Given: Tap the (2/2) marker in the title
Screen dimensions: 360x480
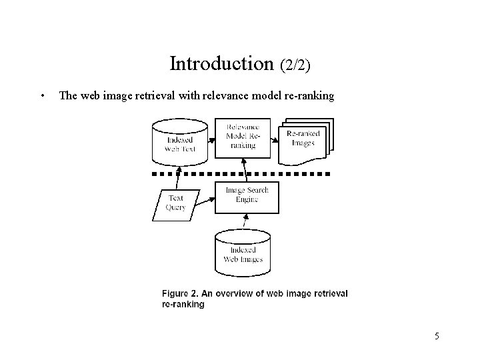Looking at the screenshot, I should click(295, 65).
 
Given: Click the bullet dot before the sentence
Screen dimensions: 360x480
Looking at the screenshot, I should click(42, 95).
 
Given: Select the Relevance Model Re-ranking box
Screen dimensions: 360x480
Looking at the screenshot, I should click(243, 137).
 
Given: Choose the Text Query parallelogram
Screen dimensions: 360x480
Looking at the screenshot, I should click(175, 203).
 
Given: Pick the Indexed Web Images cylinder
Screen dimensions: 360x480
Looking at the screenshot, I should click(243, 249).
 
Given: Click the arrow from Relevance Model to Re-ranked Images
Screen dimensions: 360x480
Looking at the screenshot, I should click(274, 139).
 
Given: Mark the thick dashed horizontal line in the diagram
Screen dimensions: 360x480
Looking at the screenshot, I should click(240, 173).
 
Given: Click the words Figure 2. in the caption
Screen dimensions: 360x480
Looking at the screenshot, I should click(181, 294).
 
